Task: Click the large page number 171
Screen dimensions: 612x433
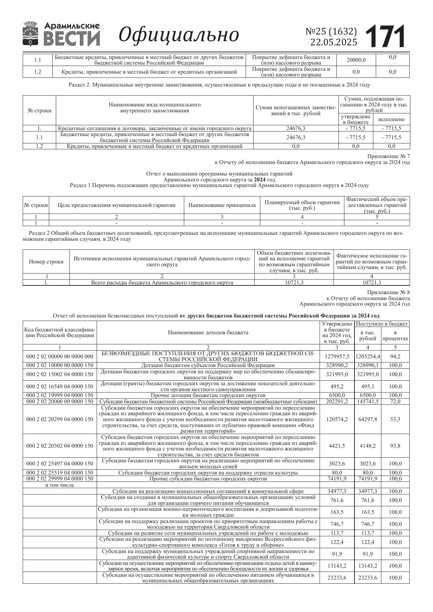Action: pos(385,36)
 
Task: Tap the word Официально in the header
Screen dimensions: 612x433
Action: pos(179,35)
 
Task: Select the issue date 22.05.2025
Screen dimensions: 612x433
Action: pos(334,42)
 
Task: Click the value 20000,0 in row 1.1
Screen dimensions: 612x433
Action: pos(356,60)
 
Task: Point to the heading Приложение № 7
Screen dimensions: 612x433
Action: pos(389,156)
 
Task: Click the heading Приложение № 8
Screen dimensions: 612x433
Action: pos(389,292)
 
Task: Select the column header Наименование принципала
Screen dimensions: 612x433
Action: pos(222,205)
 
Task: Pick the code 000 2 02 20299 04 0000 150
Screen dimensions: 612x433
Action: pos(60,419)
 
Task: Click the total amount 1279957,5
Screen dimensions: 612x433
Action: pos(336,356)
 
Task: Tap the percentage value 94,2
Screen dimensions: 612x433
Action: pos(395,356)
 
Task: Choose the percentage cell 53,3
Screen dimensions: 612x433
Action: pos(395,419)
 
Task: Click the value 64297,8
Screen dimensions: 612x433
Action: pos(368,419)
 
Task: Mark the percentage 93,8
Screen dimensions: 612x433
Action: pos(395,446)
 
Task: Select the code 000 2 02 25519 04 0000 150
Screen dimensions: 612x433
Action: pos(60,473)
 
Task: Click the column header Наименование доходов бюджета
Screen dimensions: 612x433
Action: pos(208,333)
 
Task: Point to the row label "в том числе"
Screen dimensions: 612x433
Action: pos(60,485)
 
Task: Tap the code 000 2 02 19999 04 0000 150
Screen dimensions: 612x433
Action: pos(60,395)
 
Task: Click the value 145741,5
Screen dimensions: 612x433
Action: pos(368,402)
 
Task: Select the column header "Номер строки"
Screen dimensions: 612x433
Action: pos(46,262)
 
